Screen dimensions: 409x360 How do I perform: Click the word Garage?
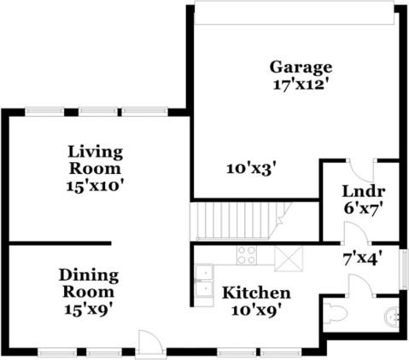301,68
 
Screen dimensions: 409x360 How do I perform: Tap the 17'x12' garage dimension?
301,85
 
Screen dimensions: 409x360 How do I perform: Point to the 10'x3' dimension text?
252,169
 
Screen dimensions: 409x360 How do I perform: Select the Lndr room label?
364,191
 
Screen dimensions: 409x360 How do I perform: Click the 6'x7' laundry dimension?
363,208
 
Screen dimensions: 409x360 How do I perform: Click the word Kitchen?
256,293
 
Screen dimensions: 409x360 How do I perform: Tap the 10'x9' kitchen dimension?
259,310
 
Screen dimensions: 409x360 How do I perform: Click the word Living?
96,153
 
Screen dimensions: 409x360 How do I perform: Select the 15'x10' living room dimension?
96,187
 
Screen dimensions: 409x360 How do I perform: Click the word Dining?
89,276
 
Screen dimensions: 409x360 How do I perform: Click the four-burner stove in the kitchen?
247,255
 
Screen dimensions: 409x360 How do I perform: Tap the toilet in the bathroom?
336,314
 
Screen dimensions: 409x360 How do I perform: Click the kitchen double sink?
204,282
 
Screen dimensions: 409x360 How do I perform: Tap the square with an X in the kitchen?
289,258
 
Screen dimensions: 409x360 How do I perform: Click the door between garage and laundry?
362,171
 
